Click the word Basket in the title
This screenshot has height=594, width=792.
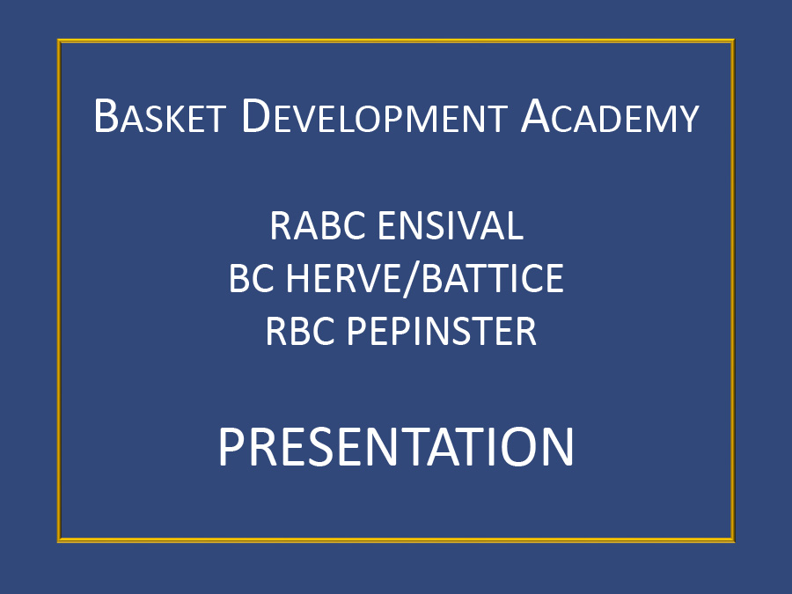tap(159, 116)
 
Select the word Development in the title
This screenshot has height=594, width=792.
tap(374, 116)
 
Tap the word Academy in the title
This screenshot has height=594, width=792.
tap(610, 116)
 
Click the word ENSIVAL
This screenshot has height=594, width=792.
tap(450, 225)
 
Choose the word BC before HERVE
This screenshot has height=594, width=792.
tap(251, 278)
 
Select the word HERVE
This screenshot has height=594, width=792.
tap(342, 278)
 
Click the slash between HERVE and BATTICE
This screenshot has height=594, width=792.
tap(409, 279)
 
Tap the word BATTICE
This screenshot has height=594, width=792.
tap(492, 278)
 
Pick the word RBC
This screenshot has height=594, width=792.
tap(300, 332)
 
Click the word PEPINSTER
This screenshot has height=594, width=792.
tap(441, 332)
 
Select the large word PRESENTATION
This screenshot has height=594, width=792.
tap(396, 446)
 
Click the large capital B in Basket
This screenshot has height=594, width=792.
tap(106, 116)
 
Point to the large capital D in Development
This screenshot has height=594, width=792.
tap(258, 116)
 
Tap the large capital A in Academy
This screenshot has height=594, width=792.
tap(538, 116)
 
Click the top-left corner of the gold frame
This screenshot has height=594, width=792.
tap(59, 40)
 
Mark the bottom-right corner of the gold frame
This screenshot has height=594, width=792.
tap(733, 541)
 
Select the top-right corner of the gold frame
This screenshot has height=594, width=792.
tap(733, 40)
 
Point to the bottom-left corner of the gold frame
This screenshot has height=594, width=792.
tap(59, 541)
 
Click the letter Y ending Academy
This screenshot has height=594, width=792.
tap(687, 119)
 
